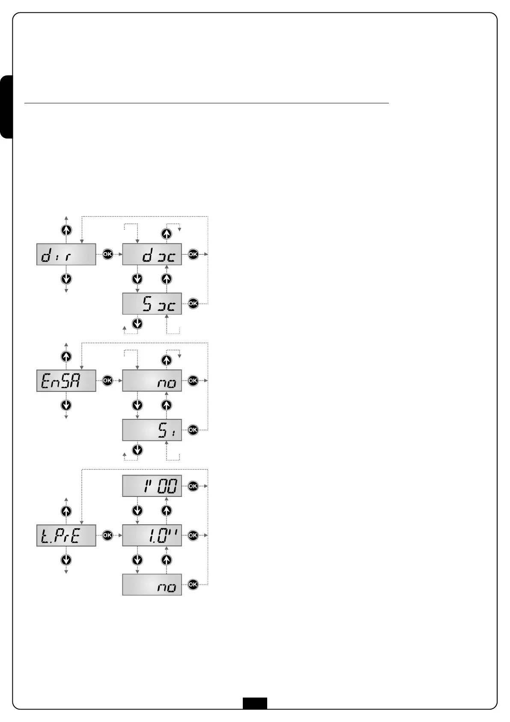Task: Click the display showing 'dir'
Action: (66, 255)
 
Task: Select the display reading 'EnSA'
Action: (66, 381)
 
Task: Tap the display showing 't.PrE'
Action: (66, 535)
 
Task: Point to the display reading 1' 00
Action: (152, 486)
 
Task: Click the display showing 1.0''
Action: (152, 535)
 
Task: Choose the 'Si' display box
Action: (152, 430)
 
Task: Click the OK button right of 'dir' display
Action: (107, 254)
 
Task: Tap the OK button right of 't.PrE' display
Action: (107, 535)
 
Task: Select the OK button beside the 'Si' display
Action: (193, 430)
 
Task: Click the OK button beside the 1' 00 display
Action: (193, 486)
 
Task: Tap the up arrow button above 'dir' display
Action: (66, 230)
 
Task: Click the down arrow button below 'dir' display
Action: (66, 279)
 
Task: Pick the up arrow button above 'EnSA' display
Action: (66, 356)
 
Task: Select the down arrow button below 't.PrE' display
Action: (66, 560)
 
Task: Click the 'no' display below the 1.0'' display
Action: (152, 585)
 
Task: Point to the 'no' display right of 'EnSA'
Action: (152, 381)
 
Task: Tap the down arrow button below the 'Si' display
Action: (137, 450)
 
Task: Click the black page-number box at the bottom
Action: (255, 704)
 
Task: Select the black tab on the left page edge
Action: (6, 107)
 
